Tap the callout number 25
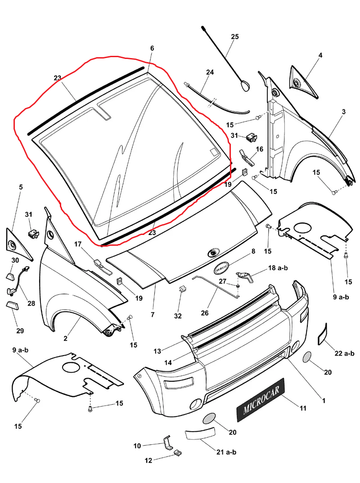[235, 37]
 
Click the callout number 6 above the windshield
[152, 48]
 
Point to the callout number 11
[303, 408]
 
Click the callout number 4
[320, 56]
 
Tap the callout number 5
[21, 187]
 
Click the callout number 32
[178, 316]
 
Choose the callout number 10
[137, 446]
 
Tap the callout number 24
[210, 72]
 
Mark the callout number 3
[343, 111]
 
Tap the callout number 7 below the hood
[153, 315]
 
